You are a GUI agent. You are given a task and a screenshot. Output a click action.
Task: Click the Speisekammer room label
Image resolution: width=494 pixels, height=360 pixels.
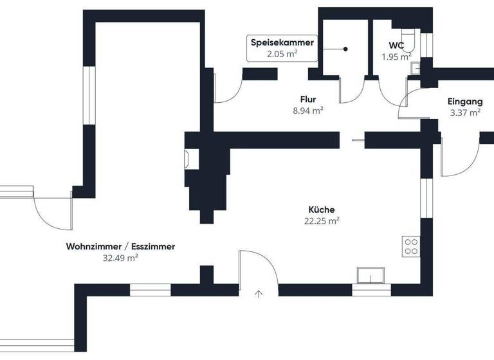click(x=282, y=43)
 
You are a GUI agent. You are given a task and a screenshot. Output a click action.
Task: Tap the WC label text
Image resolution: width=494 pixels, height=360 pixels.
click(x=396, y=46)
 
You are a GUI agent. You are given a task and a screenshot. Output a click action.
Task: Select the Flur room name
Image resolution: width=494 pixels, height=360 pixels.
click(x=307, y=99)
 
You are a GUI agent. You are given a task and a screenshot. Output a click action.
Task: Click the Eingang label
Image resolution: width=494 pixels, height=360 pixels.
click(x=465, y=102)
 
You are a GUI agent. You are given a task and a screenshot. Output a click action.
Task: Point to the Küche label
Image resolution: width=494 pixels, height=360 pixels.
click(x=322, y=210)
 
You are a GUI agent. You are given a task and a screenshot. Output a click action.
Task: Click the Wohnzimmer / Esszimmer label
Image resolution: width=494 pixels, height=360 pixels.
click(x=120, y=246)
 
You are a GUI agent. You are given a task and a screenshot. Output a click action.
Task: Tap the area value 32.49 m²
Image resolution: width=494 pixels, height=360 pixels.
click(x=121, y=257)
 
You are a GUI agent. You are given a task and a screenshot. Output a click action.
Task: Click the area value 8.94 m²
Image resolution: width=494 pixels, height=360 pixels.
click(x=307, y=110)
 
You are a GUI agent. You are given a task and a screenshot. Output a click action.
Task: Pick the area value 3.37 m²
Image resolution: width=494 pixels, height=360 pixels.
click(x=466, y=113)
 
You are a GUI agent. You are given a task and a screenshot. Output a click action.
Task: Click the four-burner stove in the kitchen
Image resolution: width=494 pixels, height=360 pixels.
click(x=410, y=246)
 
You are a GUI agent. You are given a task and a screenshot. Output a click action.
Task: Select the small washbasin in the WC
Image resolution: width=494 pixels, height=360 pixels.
click(x=416, y=67)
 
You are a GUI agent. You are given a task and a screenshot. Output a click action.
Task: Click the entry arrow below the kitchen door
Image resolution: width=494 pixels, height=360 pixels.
click(x=259, y=294)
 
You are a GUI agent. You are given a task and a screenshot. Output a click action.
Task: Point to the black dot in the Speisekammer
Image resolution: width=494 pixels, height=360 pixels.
click(x=345, y=50)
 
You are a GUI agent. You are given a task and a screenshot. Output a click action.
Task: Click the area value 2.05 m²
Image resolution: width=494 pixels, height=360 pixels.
click(x=282, y=54)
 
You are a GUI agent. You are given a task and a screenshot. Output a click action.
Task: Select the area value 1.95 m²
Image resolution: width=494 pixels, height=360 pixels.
click(x=396, y=57)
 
